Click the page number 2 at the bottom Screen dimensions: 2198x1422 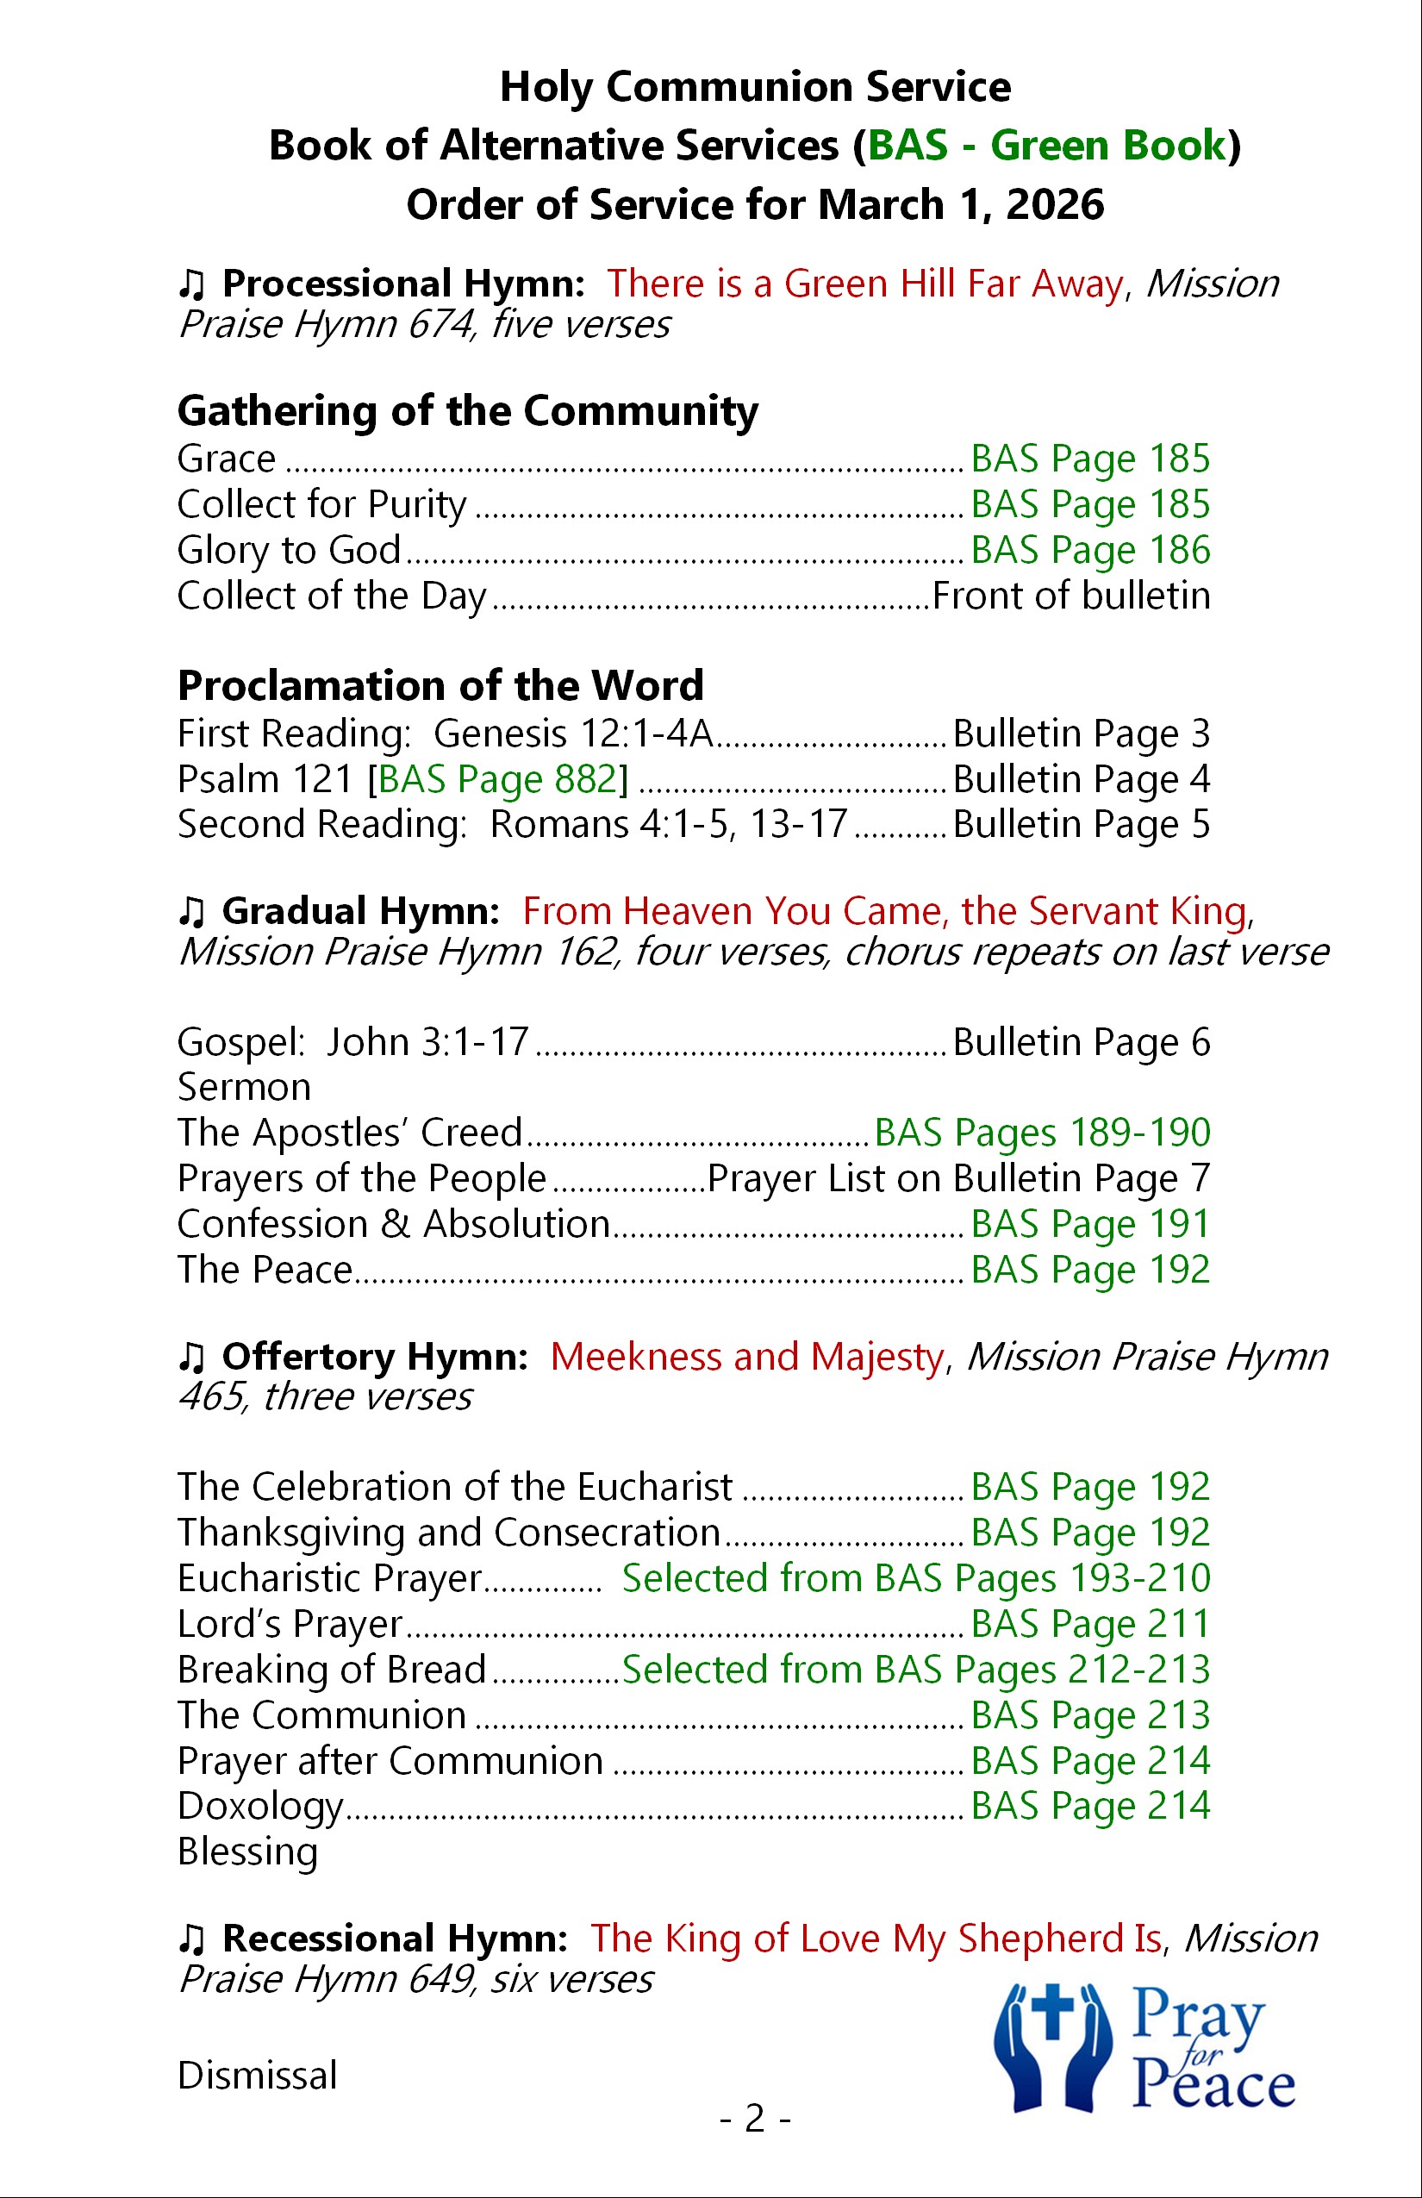point(754,2118)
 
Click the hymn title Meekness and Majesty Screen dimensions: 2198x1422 point(747,1357)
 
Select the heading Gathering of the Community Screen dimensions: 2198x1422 point(467,411)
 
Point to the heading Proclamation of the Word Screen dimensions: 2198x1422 point(440,685)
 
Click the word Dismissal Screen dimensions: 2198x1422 point(257,2076)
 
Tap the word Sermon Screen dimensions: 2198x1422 point(244,1087)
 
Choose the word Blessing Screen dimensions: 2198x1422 point(247,1851)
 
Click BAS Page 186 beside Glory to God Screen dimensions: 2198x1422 point(1089,551)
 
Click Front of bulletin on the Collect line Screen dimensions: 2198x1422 point(1071,596)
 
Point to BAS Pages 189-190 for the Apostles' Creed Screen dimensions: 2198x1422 point(1042,1133)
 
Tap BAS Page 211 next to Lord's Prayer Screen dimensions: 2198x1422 point(1089,1624)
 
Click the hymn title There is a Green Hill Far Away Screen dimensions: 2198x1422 point(864,284)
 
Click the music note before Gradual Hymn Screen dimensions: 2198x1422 point(191,912)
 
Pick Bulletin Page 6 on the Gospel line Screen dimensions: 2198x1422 point(1081,1042)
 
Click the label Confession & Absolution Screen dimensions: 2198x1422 point(393,1224)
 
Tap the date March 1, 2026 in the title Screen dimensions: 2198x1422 point(960,204)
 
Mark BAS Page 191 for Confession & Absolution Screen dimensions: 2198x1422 point(1089,1224)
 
